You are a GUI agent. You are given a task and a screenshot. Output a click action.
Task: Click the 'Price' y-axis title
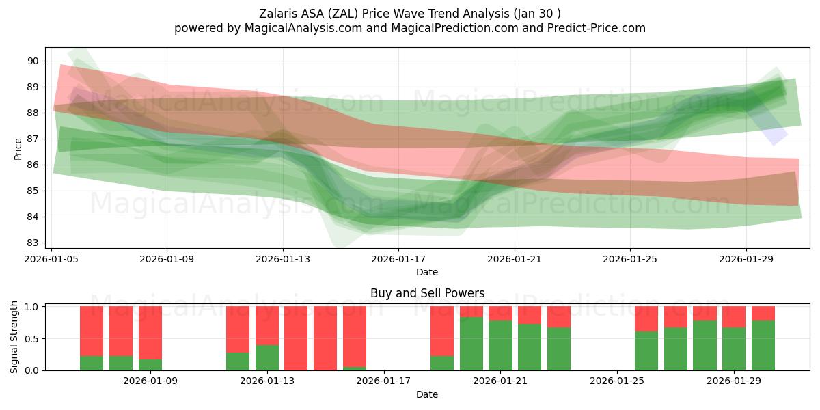click(18, 148)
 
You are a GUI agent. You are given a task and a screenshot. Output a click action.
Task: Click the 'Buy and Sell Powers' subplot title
click(427, 293)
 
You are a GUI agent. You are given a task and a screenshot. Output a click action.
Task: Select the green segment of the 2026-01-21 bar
click(500, 345)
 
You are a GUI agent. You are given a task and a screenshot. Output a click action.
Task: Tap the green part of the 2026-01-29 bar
click(734, 348)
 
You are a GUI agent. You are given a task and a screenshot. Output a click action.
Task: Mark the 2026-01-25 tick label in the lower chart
click(617, 381)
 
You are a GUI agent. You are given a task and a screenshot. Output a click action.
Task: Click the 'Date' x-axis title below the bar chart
click(427, 394)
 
